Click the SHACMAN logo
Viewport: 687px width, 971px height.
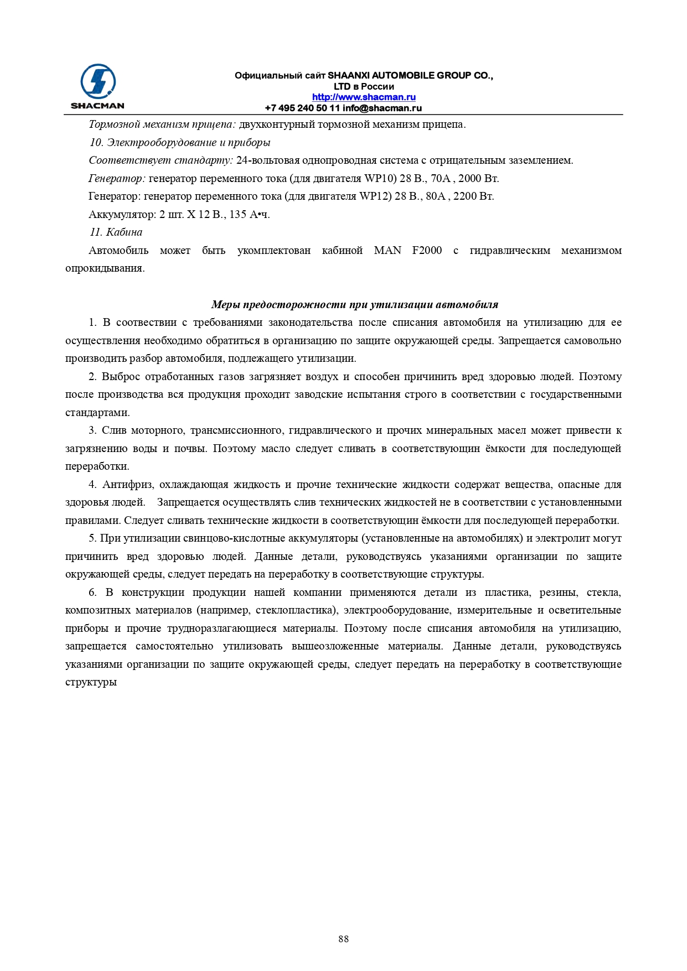pos(97,86)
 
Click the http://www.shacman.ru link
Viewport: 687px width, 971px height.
pos(364,97)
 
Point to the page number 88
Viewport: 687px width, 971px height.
pos(343,939)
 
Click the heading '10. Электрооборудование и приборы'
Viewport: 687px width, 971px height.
pos(180,143)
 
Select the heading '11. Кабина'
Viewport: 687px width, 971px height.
pos(116,232)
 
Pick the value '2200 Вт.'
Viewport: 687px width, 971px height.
pos(473,196)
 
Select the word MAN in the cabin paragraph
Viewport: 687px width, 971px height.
pos(388,251)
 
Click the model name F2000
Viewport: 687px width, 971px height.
pos(427,251)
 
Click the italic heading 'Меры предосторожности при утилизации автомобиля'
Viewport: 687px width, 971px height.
pos(355,305)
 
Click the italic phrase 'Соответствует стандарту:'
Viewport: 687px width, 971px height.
pos(161,160)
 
